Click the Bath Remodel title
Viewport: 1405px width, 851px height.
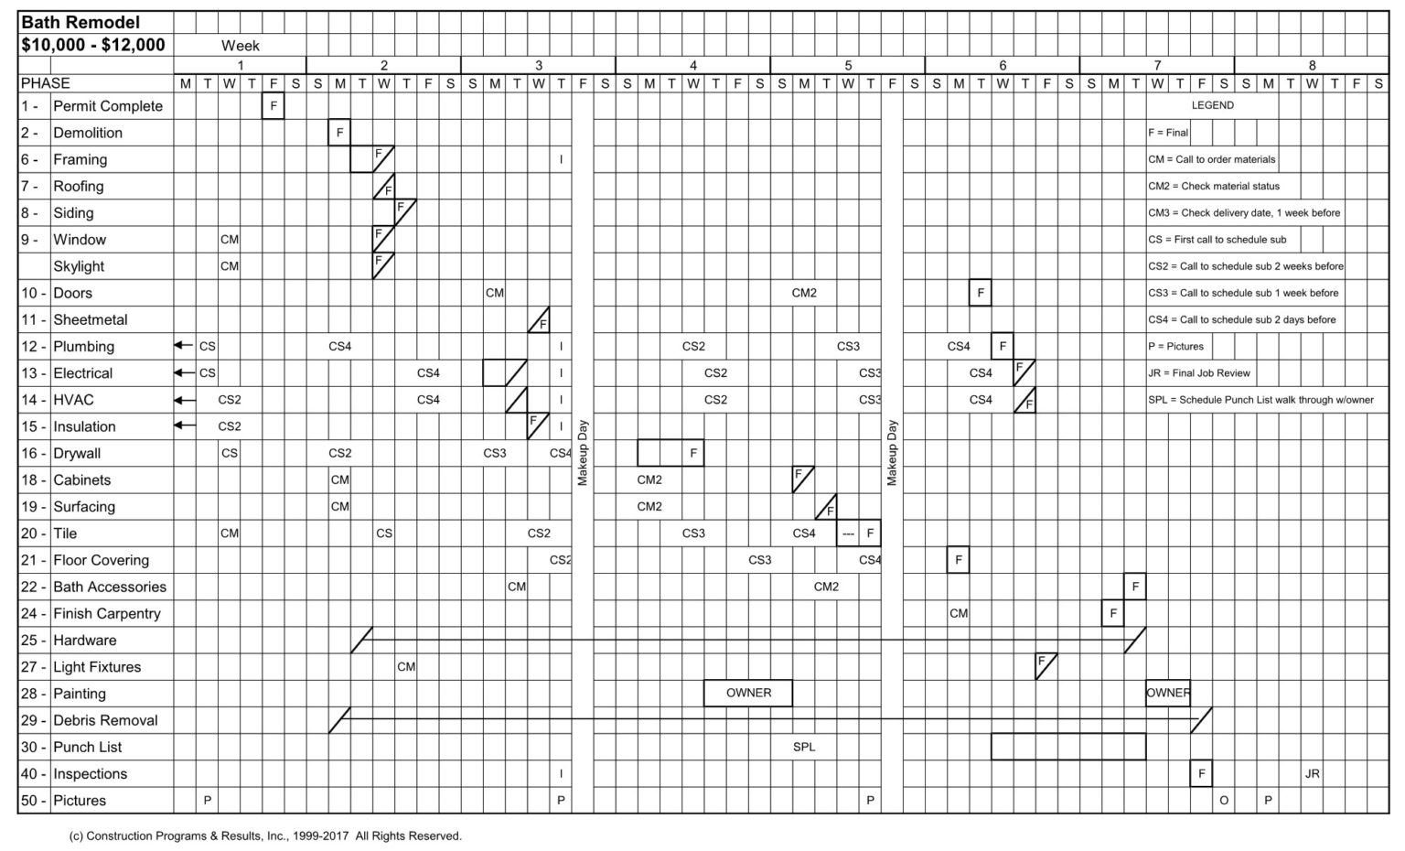click(80, 23)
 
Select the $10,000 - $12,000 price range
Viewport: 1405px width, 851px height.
click(92, 45)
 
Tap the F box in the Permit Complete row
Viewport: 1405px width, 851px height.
click(273, 105)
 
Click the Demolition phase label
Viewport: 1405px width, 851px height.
click(88, 133)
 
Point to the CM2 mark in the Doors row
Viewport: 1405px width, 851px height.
click(804, 293)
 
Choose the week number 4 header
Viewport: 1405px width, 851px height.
click(693, 65)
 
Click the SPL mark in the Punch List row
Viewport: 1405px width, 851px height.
click(804, 747)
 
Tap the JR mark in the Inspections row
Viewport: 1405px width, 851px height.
click(1313, 774)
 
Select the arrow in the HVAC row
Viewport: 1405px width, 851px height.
click(185, 400)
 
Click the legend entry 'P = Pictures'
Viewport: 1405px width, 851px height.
click(1176, 347)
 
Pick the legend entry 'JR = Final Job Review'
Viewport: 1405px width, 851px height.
click(1199, 373)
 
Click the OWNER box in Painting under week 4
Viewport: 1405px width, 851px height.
click(748, 693)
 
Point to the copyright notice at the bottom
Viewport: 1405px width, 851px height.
click(265, 836)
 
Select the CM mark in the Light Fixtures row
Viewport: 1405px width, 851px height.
click(406, 666)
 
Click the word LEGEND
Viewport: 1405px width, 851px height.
click(1212, 105)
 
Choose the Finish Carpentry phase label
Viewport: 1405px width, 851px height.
click(107, 614)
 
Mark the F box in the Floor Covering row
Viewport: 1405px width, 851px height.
click(959, 560)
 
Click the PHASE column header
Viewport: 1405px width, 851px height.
click(45, 83)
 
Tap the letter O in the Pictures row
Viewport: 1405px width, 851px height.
click(1224, 801)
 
